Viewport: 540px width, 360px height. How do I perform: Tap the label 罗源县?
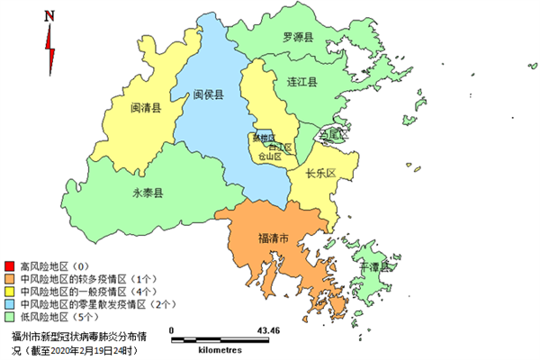point(297,38)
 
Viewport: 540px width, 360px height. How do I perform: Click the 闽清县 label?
point(145,107)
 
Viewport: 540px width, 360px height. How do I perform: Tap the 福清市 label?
point(273,238)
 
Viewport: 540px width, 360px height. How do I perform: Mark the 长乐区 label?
point(320,173)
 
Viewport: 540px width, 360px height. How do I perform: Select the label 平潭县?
point(373,267)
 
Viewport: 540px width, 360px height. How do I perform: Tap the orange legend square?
point(9,280)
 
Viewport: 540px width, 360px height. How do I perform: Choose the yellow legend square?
point(9,292)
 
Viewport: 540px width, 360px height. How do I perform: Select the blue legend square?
point(9,305)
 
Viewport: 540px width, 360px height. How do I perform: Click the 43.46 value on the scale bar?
point(269,330)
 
